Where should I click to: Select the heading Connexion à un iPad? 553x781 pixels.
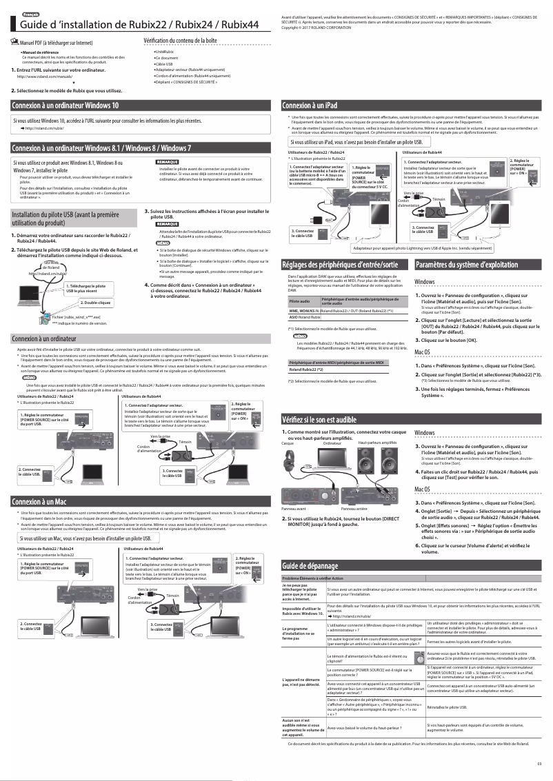[x=310, y=105]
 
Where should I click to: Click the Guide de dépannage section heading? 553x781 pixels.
[x=311, y=566]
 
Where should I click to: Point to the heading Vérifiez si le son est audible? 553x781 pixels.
[x=324, y=418]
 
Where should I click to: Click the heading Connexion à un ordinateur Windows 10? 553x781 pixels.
[x=65, y=105]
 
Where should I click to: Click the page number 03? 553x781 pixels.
[x=539, y=762]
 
